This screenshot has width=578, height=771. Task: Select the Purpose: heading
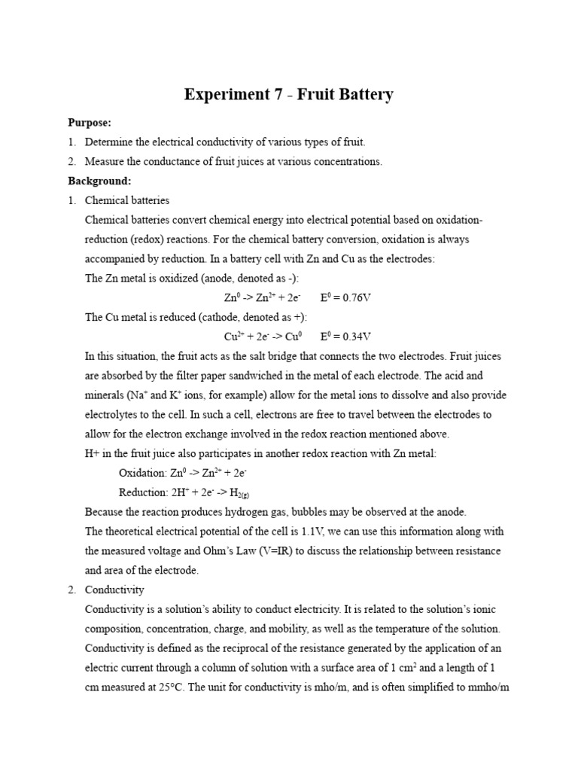pyautogui.click(x=90, y=122)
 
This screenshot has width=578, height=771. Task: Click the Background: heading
pyautogui.click(x=99, y=181)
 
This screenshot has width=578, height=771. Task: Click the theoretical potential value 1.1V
pyautogui.click(x=326, y=532)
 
